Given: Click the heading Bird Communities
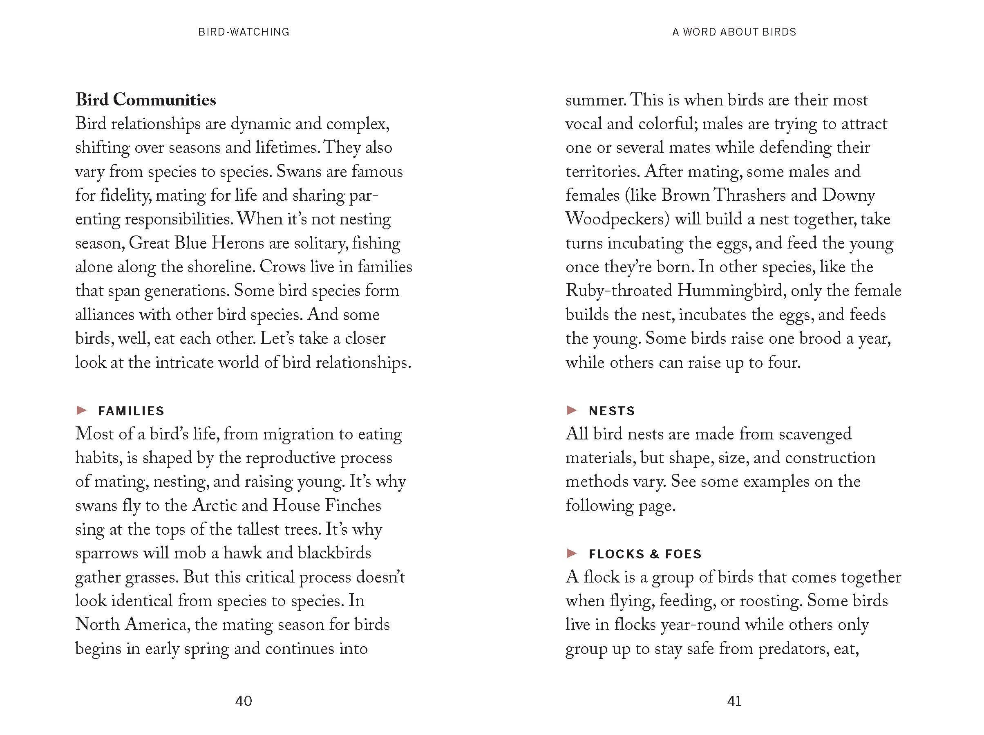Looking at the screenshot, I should pos(145,100).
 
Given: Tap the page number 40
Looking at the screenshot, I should pos(243,701).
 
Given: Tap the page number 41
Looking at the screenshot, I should pos(734,701).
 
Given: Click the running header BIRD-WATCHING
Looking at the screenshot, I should pos(244,32).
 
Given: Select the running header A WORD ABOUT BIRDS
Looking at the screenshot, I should pos(734,32).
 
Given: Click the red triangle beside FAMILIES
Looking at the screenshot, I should pos(81,410).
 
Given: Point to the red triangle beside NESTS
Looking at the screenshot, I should pos(572,410).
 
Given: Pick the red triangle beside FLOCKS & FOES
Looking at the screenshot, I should pos(572,553).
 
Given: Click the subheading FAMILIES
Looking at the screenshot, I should pos(131,411).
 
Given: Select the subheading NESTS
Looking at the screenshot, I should pos(611,411).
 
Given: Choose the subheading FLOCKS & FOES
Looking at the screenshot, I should pos(645,554).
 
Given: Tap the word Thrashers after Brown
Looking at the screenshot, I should pos(749,195).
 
